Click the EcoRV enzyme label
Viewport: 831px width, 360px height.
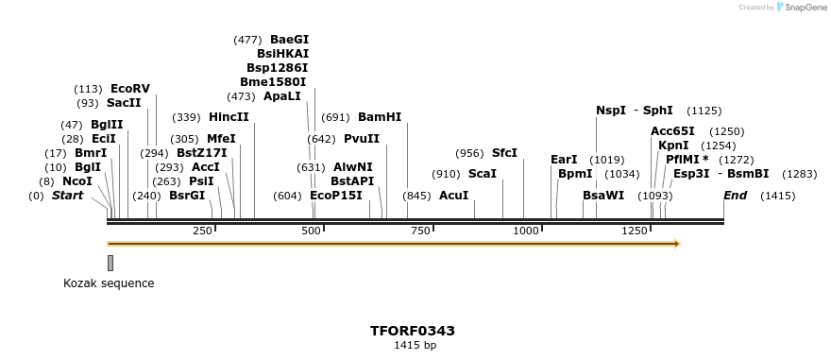point(130,89)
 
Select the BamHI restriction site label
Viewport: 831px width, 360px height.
point(380,117)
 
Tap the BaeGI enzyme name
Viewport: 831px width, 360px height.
point(289,40)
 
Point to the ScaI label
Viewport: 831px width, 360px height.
point(483,174)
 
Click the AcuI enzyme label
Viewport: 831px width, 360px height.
point(453,196)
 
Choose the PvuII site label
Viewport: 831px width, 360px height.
point(362,139)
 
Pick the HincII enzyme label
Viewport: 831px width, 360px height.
point(229,117)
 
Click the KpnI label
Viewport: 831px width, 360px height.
point(673,146)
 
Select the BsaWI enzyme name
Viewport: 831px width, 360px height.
point(603,196)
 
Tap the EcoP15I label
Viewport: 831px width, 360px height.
point(336,196)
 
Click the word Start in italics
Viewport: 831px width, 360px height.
point(67,196)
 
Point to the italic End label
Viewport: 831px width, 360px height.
point(736,196)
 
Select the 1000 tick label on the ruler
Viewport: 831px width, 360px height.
point(525,231)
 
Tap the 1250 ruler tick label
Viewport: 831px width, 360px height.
point(634,231)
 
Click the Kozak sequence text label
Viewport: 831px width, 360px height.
point(109,283)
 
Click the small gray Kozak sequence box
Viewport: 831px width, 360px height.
point(110,263)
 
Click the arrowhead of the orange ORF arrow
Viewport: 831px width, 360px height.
point(675,244)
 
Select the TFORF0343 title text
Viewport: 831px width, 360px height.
point(413,331)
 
